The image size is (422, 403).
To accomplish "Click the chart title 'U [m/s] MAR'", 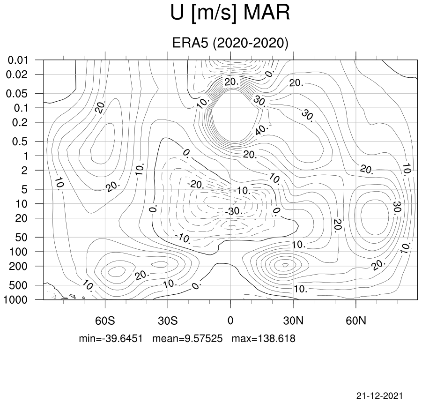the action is [230, 13].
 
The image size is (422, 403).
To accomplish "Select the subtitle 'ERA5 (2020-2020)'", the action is [230, 43].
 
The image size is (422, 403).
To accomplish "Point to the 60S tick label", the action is [105, 321].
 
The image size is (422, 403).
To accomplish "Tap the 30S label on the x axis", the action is [168, 321].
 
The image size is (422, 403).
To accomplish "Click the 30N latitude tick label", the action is [293, 321].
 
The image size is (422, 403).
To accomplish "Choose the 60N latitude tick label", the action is [356, 321].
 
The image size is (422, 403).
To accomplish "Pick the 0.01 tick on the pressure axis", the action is [18, 60].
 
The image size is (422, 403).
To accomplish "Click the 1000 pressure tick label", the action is [15, 299].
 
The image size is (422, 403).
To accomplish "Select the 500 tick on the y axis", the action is [18, 285].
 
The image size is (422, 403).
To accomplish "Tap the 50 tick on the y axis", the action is [21, 238].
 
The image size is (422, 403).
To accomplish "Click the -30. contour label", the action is [234, 211].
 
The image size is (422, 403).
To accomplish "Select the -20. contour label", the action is [196, 185].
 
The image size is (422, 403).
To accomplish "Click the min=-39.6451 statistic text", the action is [111, 338].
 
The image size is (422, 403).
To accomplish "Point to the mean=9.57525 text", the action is [187, 338].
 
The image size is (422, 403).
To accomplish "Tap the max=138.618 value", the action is [264, 338].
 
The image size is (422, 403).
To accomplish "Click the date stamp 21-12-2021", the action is [380, 396].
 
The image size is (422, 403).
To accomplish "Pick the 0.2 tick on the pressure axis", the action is [20, 122].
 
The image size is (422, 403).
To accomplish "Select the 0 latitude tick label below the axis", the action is [230, 321].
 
